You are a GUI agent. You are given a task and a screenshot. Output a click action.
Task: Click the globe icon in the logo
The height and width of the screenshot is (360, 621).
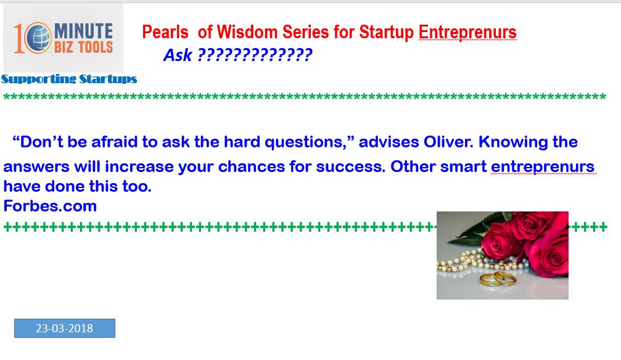click(x=38, y=38)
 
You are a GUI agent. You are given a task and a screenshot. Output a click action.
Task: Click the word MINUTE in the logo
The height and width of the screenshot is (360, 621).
click(x=84, y=31)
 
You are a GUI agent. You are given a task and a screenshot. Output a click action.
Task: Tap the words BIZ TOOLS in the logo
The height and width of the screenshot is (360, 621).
click(x=84, y=47)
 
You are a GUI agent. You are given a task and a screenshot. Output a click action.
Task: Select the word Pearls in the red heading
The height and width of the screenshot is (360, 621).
click(x=165, y=33)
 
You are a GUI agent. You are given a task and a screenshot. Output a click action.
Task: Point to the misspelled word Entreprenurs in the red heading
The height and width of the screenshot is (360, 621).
click(x=467, y=33)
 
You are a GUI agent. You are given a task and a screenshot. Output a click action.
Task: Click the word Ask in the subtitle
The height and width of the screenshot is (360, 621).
click(x=178, y=55)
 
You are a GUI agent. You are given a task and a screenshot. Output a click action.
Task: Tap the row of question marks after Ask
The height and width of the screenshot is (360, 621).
click(x=255, y=55)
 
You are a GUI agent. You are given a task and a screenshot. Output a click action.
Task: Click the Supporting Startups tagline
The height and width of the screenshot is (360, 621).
click(x=69, y=79)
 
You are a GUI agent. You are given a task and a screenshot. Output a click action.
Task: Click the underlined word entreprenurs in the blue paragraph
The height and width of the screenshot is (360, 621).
click(x=543, y=167)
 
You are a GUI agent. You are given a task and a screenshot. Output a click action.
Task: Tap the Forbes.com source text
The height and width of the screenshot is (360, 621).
click(x=50, y=206)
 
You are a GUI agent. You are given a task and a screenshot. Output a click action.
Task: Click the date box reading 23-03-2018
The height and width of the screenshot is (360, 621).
click(x=65, y=329)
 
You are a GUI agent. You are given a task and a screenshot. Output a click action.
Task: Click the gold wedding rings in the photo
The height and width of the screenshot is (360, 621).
click(x=498, y=279)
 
